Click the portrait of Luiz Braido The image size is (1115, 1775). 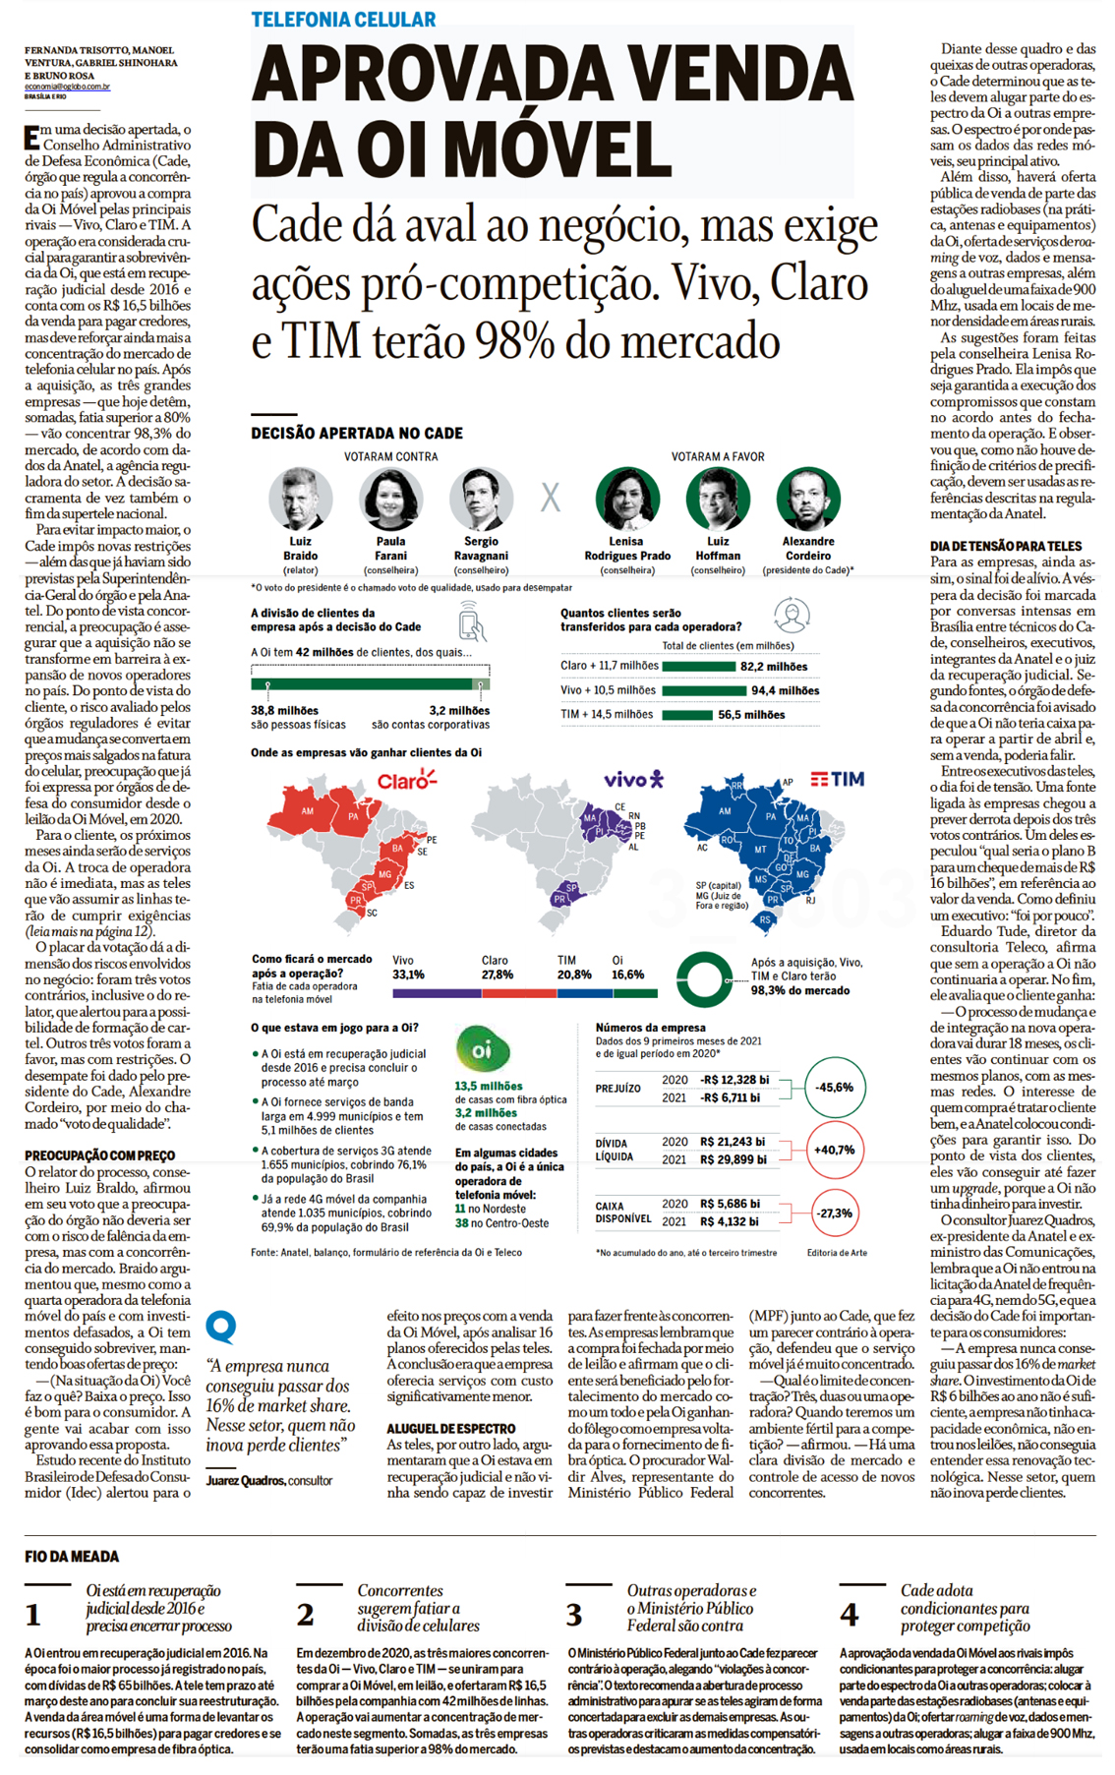point(300,500)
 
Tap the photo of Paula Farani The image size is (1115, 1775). point(390,500)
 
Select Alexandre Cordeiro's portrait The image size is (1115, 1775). point(808,500)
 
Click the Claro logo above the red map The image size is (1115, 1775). point(406,781)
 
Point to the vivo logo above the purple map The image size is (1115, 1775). point(633,780)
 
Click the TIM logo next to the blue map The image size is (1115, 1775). point(838,779)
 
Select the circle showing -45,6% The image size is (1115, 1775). point(834,1088)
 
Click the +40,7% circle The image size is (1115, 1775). point(834,1150)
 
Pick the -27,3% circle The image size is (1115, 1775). point(834,1213)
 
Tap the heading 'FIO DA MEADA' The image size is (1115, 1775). point(72,1557)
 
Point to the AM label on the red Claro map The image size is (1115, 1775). point(308,812)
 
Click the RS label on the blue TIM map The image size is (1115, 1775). point(765,920)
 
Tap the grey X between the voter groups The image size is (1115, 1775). point(551,498)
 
